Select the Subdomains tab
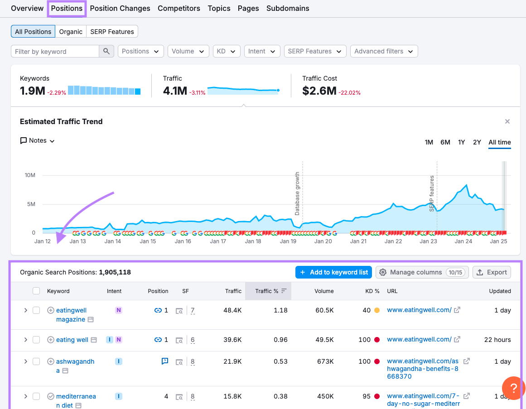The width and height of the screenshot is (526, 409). pos(288,8)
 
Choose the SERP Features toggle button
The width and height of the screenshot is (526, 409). pos(112,32)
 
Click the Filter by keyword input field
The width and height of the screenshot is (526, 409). pos(55,51)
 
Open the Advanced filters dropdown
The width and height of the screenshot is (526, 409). pos(384,51)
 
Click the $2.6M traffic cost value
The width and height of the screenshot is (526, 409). pos(319,91)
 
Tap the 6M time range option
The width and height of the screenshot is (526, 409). pos(445,142)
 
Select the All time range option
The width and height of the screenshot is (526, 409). pos(499,142)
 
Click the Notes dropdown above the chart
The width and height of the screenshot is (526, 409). pos(38,140)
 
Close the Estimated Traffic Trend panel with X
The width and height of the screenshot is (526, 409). pos(507,121)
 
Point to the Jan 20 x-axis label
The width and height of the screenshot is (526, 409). pos(323,241)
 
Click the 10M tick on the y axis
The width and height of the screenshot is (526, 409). pos(30,175)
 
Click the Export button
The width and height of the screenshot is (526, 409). pos(492,272)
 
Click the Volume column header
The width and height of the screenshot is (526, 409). pos(324,291)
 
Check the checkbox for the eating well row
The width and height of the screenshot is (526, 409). pos(36,340)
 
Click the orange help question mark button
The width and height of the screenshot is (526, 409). pos(513,388)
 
